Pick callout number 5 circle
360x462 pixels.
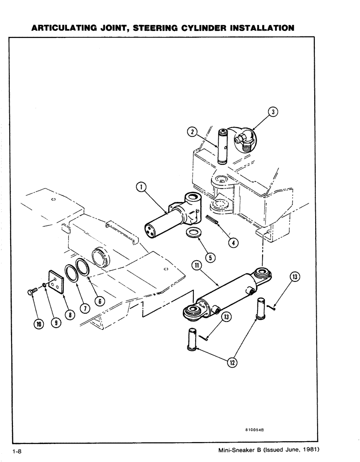pyautogui.click(x=210, y=257)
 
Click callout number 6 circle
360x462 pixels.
pyautogui.click(x=99, y=300)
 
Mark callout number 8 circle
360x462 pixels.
pyautogui.click(x=69, y=315)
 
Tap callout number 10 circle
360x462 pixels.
pyautogui.click(x=38, y=325)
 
